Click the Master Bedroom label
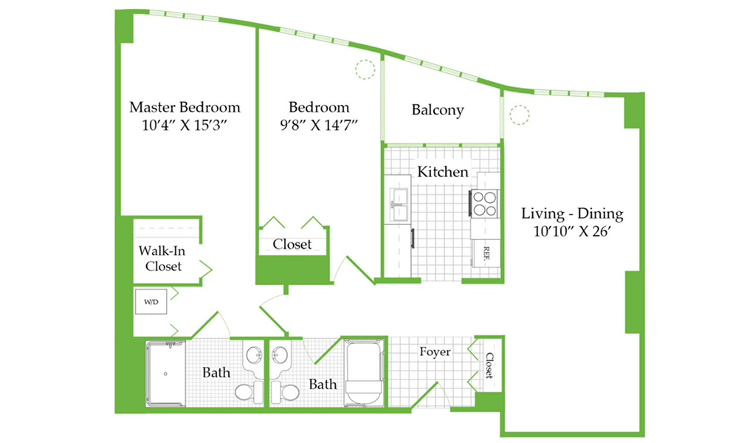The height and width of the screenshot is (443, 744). pyautogui.click(x=185, y=107)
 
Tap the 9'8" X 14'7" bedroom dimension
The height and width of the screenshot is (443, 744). pyautogui.click(x=318, y=126)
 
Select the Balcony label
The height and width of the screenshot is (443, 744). pyautogui.click(x=438, y=110)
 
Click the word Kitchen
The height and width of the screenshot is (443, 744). pyautogui.click(x=443, y=171)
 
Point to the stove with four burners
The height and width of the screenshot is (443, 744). pyautogui.click(x=484, y=203)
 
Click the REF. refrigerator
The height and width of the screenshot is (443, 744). pyautogui.click(x=486, y=253)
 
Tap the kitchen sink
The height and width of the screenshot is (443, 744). pyautogui.click(x=399, y=205)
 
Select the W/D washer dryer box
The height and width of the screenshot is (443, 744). pyautogui.click(x=151, y=301)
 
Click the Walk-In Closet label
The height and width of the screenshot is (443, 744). pyautogui.click(x=162, y=258)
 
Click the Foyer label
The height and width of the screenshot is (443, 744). pyautogui.click(x=435, y=352)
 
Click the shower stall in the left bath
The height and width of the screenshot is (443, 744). pyautogui.click(x=165, y=374)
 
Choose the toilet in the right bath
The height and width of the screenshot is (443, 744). pyautogui.click(x=284, y=391)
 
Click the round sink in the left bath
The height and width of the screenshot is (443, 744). pyautogui.click(x=255, y=354)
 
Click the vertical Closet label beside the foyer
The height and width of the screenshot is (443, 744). pyautogui.click(x=489, y=365)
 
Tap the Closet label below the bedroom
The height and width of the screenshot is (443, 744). pyautogui.click(x=292, y=244)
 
